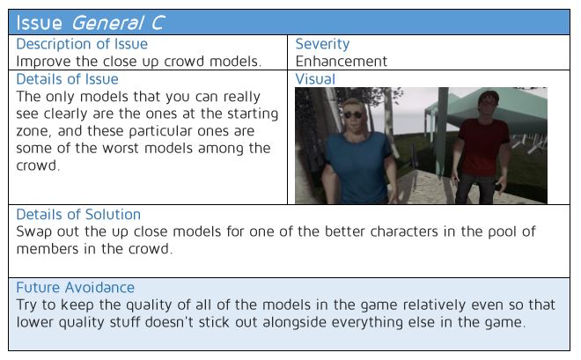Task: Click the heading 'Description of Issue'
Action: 82,44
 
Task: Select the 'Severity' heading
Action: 322,44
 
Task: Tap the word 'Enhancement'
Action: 342,61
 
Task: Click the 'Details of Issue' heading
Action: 67,79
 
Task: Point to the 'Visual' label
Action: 315,79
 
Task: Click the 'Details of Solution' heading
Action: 78,215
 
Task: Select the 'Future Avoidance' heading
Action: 75,288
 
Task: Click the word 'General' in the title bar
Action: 107,23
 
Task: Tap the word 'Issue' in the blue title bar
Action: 39,23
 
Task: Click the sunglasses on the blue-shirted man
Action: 353,114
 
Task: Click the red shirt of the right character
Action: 482,146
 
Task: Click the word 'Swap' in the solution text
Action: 33,232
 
